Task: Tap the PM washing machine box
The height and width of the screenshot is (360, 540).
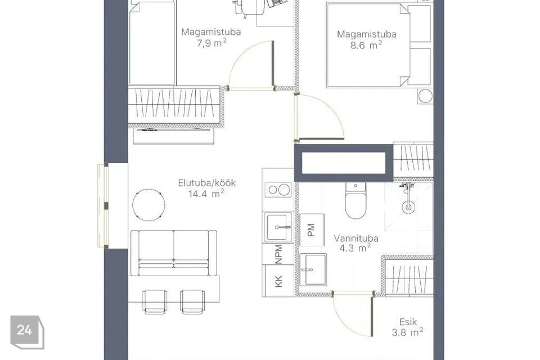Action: [312, 229]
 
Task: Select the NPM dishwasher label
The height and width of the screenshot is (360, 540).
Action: [278, 254]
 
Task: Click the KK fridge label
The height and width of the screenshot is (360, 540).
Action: [278, 281]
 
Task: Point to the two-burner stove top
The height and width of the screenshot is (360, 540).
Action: [278, 190]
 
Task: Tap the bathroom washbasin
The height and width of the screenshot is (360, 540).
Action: [313, 270]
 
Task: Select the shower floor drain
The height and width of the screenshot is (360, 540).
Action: [408, 207]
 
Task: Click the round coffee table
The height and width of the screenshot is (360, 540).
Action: [148, 205]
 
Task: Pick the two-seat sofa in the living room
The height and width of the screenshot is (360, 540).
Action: [174, 253]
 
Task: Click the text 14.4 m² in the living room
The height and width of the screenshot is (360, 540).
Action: [206, 193]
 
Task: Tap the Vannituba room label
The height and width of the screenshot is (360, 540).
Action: [356, 238]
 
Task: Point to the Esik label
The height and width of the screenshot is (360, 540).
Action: [408, 322]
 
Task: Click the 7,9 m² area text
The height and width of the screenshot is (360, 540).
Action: [211, 43]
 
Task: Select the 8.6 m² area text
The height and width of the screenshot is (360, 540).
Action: [366, 45]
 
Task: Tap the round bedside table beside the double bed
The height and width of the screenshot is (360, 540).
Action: [425, 96]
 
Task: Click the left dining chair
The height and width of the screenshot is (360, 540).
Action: [155, 301]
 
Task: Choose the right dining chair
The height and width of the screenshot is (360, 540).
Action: [192, 301]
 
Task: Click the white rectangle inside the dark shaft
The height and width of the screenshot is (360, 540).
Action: [344, 163]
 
